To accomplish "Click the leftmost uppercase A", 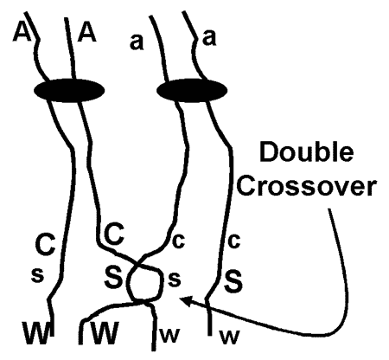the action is pos(22,32).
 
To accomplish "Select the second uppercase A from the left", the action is pos(86,32).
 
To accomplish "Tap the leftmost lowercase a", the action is pos(137,42).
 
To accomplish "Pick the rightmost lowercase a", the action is pos(209,38).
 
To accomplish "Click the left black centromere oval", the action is pos(69,90).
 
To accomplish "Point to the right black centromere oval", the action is pos(192,90).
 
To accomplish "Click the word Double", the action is pos(307,152).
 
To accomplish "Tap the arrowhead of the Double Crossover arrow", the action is pos(185,300).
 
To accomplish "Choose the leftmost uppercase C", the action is pos(45,244).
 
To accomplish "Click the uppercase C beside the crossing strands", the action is pos(114,235).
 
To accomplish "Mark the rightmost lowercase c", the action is pos(233,241).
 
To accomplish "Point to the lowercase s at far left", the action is pos(37,275).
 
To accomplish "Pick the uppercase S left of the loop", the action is pos(113,277).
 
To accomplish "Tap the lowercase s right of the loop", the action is pos(174,280).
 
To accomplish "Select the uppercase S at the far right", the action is pos(233,280).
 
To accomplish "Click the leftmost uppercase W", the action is pos(37,333).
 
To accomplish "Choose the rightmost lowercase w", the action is pos(230,337).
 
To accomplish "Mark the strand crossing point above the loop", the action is pos(140,267).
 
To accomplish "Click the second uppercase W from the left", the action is pos(105,333).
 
